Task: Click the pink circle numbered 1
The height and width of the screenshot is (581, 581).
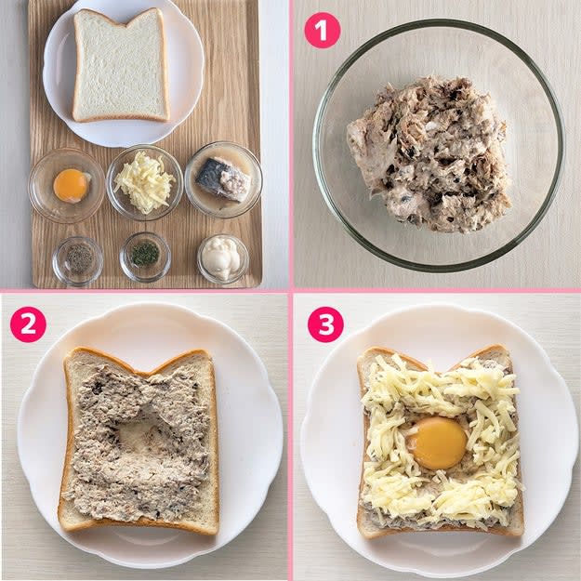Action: coord(322,31)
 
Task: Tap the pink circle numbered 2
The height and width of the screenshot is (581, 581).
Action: coord(28,324)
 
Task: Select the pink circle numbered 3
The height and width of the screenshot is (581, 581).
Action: coord(325,324)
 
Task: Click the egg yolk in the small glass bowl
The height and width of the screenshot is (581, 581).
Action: coord(70,185)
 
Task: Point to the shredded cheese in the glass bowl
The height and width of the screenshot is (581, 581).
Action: coord(144,182)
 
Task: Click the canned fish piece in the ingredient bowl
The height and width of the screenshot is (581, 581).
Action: coord(223,179)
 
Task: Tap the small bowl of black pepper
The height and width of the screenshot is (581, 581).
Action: coord(78,260)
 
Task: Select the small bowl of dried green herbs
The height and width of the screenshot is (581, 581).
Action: coord(145,257)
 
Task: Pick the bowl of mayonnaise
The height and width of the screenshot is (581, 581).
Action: coord(223,258)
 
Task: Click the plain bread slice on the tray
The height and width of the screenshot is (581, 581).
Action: coord(121,67)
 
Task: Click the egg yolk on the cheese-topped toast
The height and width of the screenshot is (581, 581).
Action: coord(439,442)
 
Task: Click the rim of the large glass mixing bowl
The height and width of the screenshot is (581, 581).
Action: coord(439,21)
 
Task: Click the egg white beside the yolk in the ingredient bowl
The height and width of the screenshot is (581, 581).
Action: coord(86,178)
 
